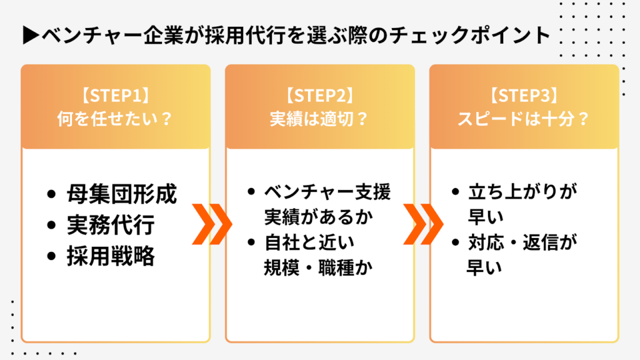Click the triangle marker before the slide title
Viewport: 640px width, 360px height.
[30, 34]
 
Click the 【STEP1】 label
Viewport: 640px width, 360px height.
[115, 97]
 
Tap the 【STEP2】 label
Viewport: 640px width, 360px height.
[319, 97]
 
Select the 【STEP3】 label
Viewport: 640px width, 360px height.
[524, 97]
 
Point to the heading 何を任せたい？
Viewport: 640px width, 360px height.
[115, 118]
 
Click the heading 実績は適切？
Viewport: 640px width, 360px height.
[319, 118]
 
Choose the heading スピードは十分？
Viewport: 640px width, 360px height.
[524, 118]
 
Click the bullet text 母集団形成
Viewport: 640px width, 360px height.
[122, 194]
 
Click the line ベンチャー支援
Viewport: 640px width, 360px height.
[327, 192]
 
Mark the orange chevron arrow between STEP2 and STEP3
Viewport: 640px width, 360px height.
[415, 224]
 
